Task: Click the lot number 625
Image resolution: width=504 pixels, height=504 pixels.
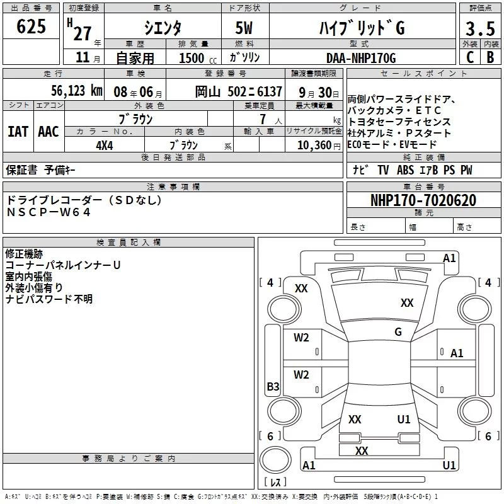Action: [31, 26]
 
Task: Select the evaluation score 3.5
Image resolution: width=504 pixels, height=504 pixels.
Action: [480, 28]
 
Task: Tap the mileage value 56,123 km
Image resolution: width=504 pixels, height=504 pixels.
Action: [77, 91]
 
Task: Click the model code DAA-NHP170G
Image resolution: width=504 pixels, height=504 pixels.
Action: [361, 58]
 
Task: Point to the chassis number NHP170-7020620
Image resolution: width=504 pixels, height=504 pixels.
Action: [423, 200]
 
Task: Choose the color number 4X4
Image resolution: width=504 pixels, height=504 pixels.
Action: [105, 146]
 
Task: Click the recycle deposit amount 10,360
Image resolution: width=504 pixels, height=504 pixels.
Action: [314, 146]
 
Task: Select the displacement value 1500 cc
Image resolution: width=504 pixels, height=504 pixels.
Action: [198, 58]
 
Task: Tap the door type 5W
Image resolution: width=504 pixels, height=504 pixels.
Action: [244, 28]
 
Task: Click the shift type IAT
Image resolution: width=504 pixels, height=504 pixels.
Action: [18, 132]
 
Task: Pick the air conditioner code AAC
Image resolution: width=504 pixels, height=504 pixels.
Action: [49, 132]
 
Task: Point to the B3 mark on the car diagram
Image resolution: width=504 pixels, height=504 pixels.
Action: [273, 386]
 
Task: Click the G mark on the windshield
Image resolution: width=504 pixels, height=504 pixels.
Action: [398, 332]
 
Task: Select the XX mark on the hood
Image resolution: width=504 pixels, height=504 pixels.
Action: [407, 302]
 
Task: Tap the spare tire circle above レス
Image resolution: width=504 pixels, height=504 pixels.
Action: [275, 460]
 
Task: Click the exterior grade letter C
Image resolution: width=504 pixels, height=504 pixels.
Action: [470, 57]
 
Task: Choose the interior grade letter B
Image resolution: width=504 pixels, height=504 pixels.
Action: [490, 57]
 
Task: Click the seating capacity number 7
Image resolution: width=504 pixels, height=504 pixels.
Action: [263, 119]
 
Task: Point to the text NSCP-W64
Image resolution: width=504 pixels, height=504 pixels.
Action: [49, 212]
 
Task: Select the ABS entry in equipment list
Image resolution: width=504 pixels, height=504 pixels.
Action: [405, 169]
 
